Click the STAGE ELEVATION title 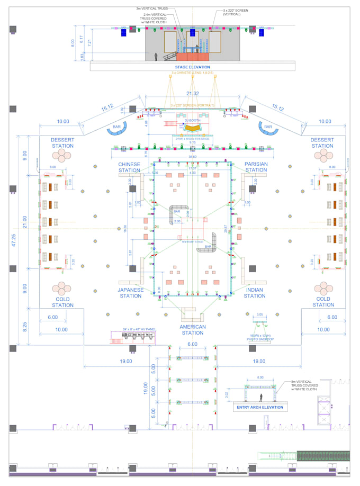click(x=192, y=67)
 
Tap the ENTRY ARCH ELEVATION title click(x=259, y=407)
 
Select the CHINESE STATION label click(x=129, y=167)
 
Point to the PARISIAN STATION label click(x=256, y=167)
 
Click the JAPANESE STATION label click(x=130, y=293)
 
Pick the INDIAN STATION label click(x=254, y=293)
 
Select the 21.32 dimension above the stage click(x=192, y=94)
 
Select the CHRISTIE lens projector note click(x=192, y=73)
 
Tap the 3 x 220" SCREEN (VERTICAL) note click(x=228, y=12)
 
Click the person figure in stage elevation click(x=155, y=57)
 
